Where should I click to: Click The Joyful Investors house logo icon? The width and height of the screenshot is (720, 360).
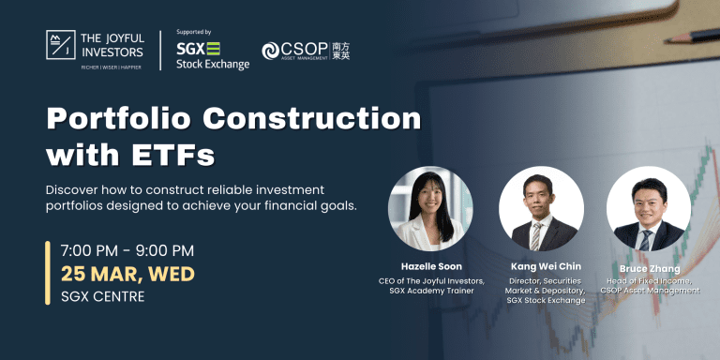coord(60,44)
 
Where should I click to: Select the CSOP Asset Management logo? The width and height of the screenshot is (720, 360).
coord(306,51)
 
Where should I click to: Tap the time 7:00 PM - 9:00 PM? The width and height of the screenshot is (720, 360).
coord(127,250)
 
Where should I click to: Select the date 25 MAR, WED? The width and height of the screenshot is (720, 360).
coord(127,274)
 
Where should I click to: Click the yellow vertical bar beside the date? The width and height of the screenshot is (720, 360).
coord(48,273)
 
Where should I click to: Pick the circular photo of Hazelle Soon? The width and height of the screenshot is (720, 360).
coord(430,208)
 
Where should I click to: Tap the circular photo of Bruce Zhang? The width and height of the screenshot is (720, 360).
coord(648,208)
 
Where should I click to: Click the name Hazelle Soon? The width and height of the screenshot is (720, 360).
coord(430,266)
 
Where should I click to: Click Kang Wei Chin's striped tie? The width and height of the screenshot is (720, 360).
coord(536,233)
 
